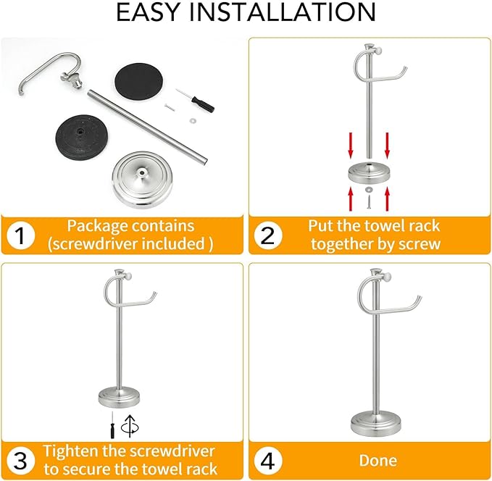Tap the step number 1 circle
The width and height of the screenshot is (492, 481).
(21, 235)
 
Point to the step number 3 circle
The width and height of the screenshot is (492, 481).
(21, 459)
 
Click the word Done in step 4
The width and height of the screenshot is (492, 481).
(378, 460)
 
